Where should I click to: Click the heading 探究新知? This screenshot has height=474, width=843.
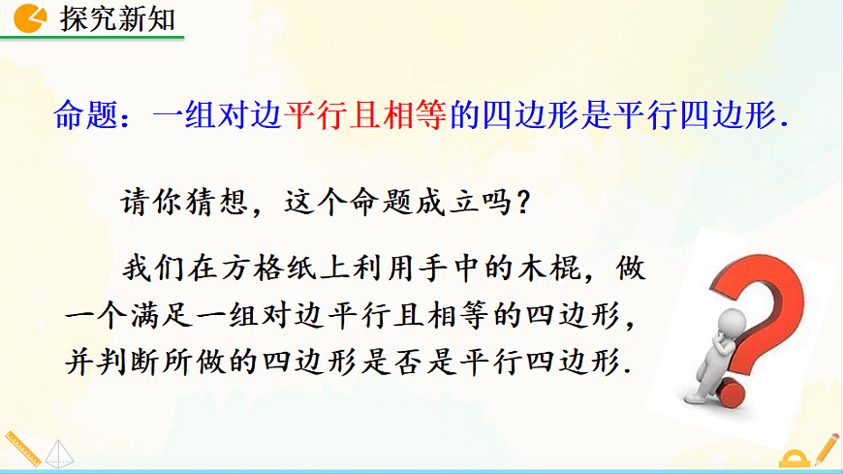click(117, 18)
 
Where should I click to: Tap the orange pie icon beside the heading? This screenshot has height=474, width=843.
click(32, 18)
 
